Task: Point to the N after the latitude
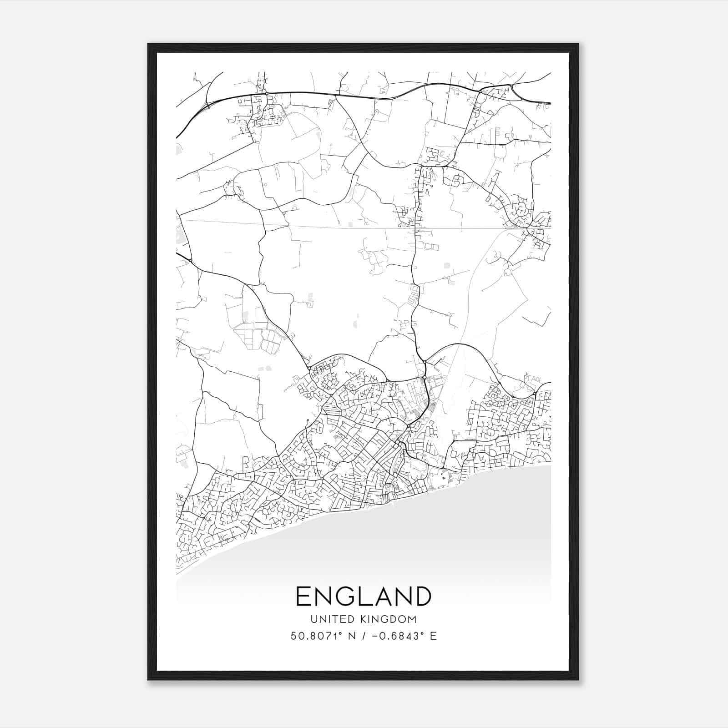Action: (351, 636)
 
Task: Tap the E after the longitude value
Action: (434, 636)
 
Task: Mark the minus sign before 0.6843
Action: (374, 636)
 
